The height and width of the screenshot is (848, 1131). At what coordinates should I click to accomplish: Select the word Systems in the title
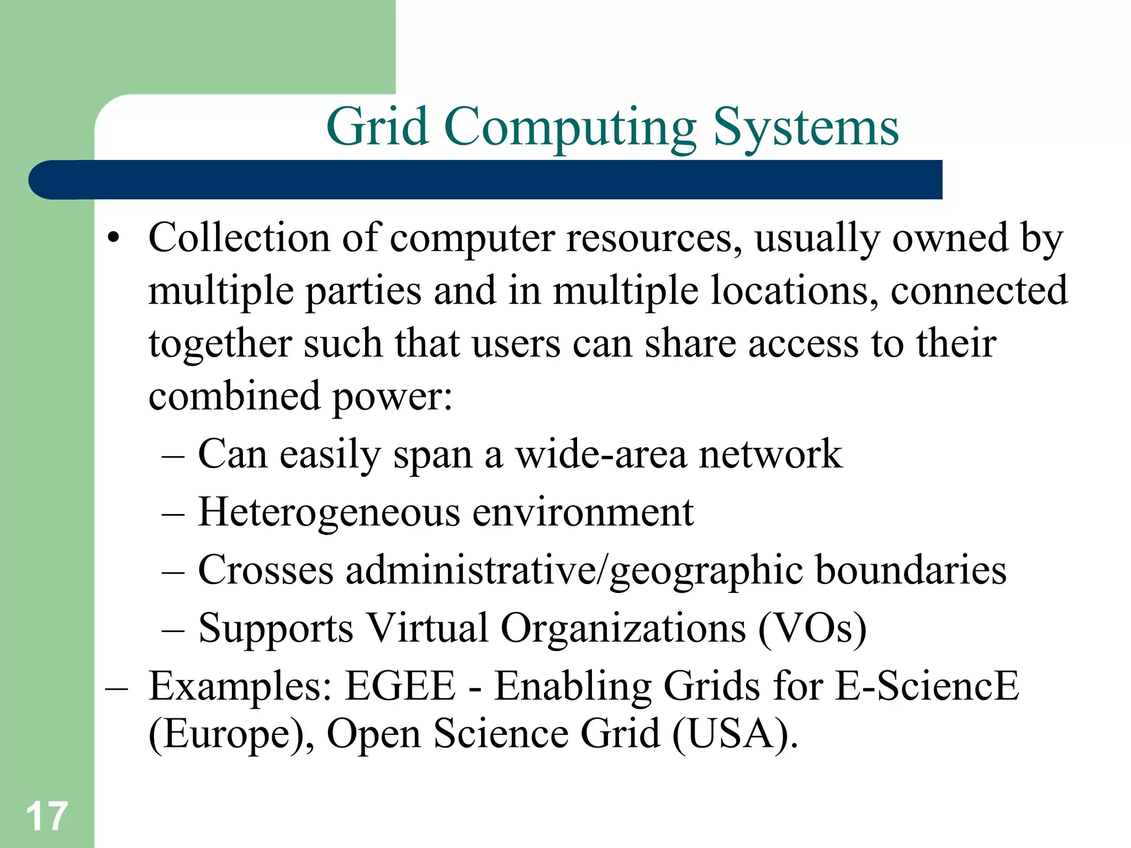(x=806, y=128)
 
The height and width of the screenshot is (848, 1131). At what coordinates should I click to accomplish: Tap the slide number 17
(x=46, y=816)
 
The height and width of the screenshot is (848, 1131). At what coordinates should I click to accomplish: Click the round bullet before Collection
(x=114, y=239)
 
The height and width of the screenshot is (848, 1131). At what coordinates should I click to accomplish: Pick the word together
(x=220, y=343)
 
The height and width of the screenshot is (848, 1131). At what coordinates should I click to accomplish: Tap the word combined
(x=235, y=396)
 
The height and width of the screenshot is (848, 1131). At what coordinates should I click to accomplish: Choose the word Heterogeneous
(x=329, y=512)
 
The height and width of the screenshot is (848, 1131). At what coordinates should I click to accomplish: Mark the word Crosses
(x=266, y=570)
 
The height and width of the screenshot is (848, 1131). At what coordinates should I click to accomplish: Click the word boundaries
(x=911, y=570)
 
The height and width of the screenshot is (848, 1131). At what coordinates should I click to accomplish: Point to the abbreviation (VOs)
(x=812, y=628)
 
